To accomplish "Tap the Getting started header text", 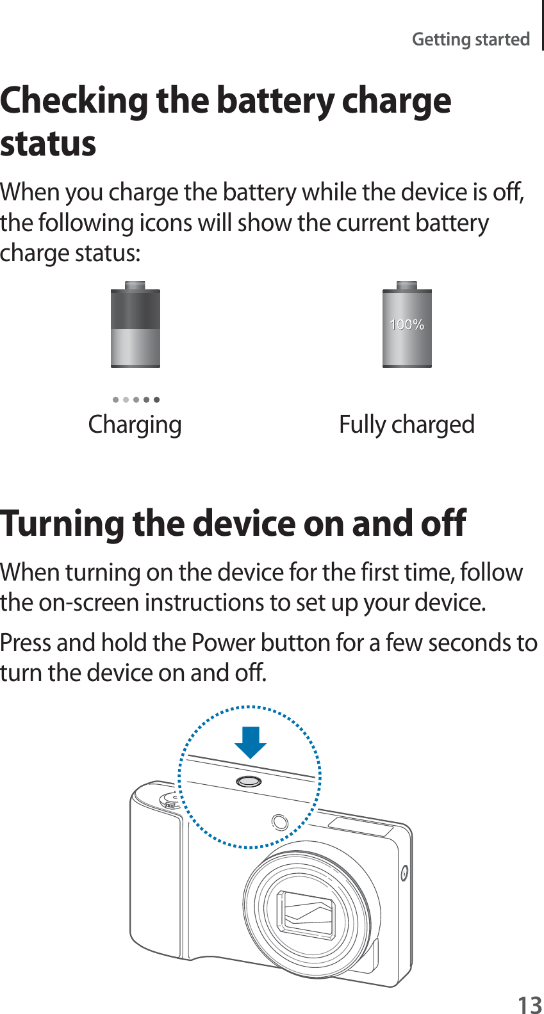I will coord(470,39).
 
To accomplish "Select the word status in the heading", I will coord(48,143).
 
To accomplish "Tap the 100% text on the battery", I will coord(407,325).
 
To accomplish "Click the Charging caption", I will coord(135,424).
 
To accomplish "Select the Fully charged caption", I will coord(406,424).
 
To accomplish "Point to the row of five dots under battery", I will coord(136,399).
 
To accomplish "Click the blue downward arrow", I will coord(251,741).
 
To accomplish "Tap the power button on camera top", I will coord(249,781).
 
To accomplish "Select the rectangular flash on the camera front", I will coord(361,826).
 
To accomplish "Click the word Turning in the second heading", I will coord(62,524).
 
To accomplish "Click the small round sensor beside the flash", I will coord(280,822).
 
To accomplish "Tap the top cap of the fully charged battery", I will coord(407,286).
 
